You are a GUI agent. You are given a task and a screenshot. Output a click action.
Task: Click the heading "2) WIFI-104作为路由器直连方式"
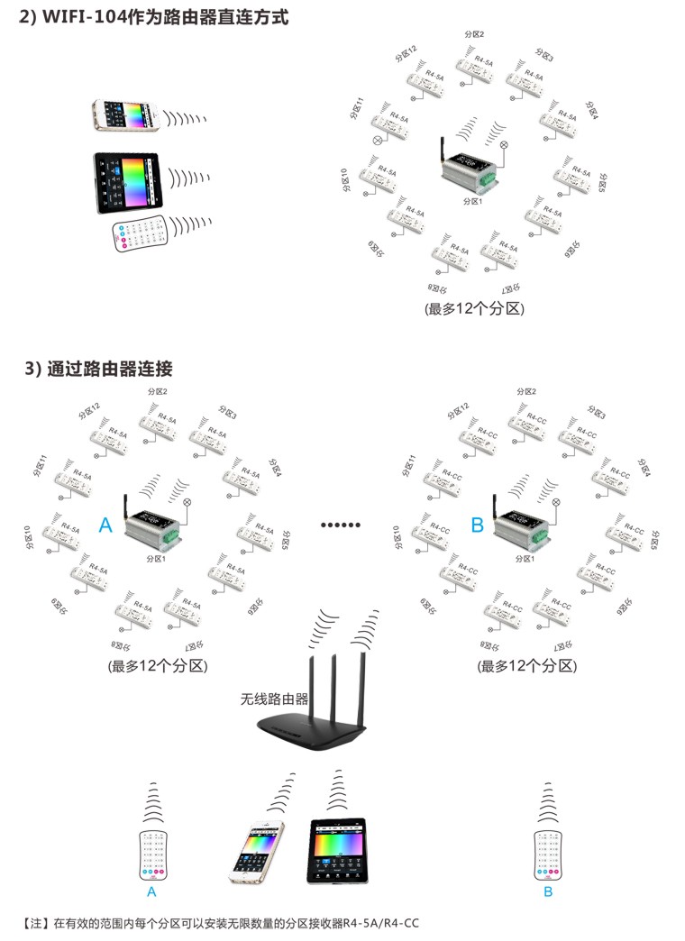click(x=154, y=17)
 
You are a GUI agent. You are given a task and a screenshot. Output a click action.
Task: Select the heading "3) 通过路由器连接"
click(x=98, y=369)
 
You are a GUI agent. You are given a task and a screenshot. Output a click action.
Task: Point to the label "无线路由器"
click(x=275, y=699)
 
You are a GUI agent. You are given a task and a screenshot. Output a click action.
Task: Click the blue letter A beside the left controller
click(x=105, y=525)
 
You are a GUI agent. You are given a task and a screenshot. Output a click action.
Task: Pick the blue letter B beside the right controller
click(x=477, y=525)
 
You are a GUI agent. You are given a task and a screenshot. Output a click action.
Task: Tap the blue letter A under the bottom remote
click(x=151, y=892)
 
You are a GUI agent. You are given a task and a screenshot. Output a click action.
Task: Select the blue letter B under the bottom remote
click(x=547, y=892)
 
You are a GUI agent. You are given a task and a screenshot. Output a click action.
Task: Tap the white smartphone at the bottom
click(x=256, y=853)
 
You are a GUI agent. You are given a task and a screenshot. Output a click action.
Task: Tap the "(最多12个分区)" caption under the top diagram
click(x=474, y=308)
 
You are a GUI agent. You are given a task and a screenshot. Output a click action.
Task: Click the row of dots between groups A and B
click(x=342, y=524)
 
